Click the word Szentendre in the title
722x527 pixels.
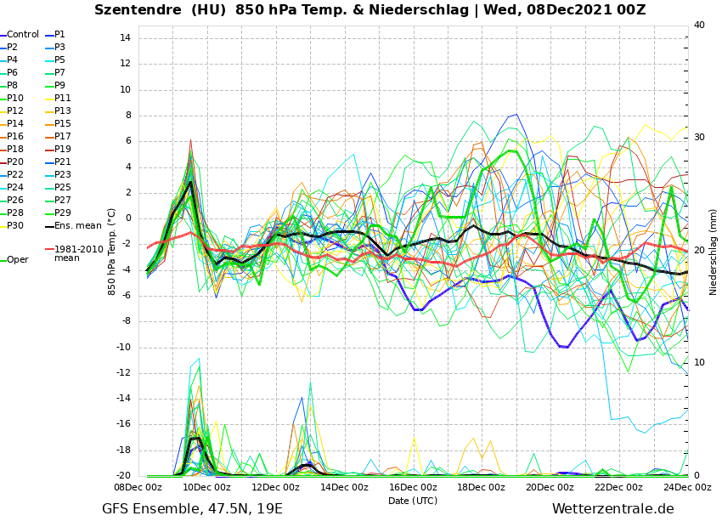[133, 10]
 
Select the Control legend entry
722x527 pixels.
[23, 35]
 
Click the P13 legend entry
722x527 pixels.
[63, 111]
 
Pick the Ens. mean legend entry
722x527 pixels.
[77, 226]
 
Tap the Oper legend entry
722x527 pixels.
[18, 260]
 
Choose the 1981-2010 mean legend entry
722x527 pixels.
[78, 253]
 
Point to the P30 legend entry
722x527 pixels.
[15, 226]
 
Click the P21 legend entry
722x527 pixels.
[63, 162]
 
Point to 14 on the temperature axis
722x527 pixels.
[124, 38]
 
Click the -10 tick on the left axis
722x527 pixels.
[121, 348]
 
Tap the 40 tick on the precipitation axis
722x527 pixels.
[699, 25]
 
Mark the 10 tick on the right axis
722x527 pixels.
[699, 363]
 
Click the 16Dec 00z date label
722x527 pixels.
[413, 487]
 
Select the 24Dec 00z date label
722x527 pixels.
[687, 487]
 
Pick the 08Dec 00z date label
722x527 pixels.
[138, 487]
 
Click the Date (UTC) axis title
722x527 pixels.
[413, 501]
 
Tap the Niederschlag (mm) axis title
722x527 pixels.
[714, 252]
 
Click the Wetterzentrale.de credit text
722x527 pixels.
[612, 509]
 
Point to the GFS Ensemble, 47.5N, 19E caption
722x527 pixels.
[192, 509]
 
